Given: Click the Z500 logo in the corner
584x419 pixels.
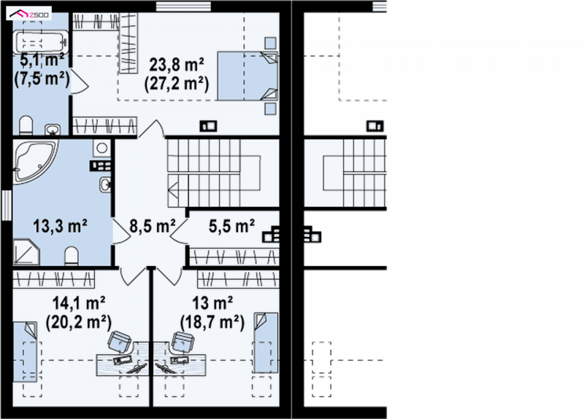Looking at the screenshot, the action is [28, 15].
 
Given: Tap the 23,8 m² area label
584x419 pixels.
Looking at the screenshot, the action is [177, 65].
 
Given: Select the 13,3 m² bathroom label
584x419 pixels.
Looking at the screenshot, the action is [61, 226].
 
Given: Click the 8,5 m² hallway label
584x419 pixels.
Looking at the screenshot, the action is [153, 226].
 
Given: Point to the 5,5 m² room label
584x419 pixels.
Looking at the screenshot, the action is [231, 226].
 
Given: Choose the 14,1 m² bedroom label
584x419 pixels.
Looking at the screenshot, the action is [79, 303].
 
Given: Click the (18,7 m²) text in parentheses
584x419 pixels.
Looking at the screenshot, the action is [212, 322].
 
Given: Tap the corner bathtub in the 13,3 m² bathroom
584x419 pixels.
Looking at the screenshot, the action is [34, 161].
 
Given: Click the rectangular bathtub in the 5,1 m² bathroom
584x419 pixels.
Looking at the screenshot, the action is [41, 42].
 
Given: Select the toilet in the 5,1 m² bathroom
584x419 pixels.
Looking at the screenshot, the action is [26, 125].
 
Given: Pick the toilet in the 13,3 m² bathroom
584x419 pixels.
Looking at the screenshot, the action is [71, 257].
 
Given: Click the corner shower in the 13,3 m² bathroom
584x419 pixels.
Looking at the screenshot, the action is [26, 252].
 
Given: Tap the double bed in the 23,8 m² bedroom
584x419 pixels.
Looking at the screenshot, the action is [247, 76].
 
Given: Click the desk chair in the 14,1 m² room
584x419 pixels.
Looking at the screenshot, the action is [120, 341].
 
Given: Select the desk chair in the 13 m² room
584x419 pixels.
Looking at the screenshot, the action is [183, 341].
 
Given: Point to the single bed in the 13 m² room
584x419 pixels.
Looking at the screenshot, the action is [266, 342].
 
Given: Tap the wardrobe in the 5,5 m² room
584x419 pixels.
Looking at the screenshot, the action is [234, 257].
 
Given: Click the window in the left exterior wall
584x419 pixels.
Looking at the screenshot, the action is [7, 205].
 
